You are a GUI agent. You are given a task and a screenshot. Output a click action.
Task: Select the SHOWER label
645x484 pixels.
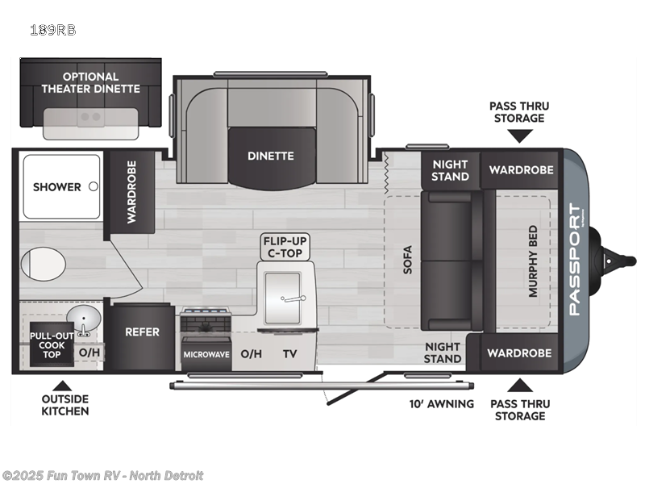tap(56, 187)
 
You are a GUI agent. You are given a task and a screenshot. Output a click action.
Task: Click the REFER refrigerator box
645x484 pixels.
tap(142, 332)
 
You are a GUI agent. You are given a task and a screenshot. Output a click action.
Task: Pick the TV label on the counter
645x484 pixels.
tap(289, 353)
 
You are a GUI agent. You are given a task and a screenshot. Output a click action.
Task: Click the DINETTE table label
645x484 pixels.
tap(271, 156)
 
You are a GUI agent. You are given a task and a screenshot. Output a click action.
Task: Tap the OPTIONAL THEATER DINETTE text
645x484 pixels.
tap(90, 82)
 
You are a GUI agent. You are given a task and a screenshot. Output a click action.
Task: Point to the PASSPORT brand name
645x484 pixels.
tap(575, 260)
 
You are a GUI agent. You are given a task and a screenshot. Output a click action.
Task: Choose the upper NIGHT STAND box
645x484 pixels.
tap(450, 170)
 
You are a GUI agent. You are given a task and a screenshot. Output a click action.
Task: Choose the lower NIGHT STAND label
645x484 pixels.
tap(443, 353)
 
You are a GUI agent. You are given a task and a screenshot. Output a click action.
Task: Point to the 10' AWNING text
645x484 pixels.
tap(439, 403)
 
